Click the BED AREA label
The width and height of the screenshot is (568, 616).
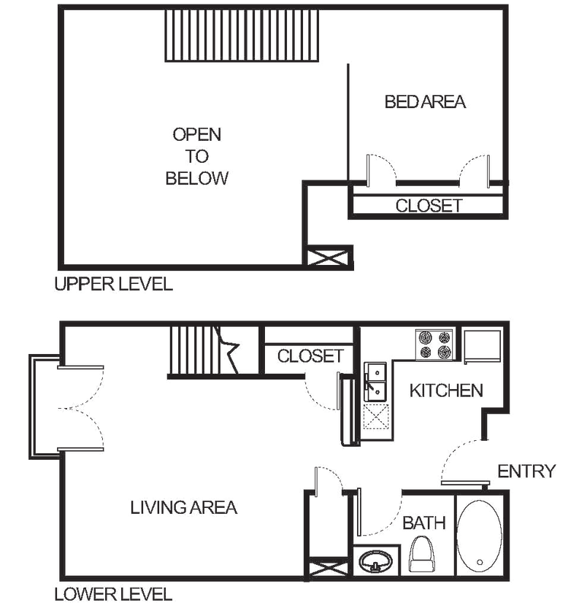click(426, 102)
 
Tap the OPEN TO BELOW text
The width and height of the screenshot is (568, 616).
click(198, 156)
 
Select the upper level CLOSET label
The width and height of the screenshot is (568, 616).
click(428, 206)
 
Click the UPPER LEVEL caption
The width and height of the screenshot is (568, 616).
click(114, 285)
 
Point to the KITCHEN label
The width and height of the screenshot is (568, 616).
click(446, 390)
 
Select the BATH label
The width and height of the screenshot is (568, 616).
click(424, 523)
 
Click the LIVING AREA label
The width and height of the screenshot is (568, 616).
click(183, 507)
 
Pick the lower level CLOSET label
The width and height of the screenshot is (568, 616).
click(309, 355)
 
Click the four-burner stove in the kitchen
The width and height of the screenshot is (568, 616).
click(434, 344)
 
